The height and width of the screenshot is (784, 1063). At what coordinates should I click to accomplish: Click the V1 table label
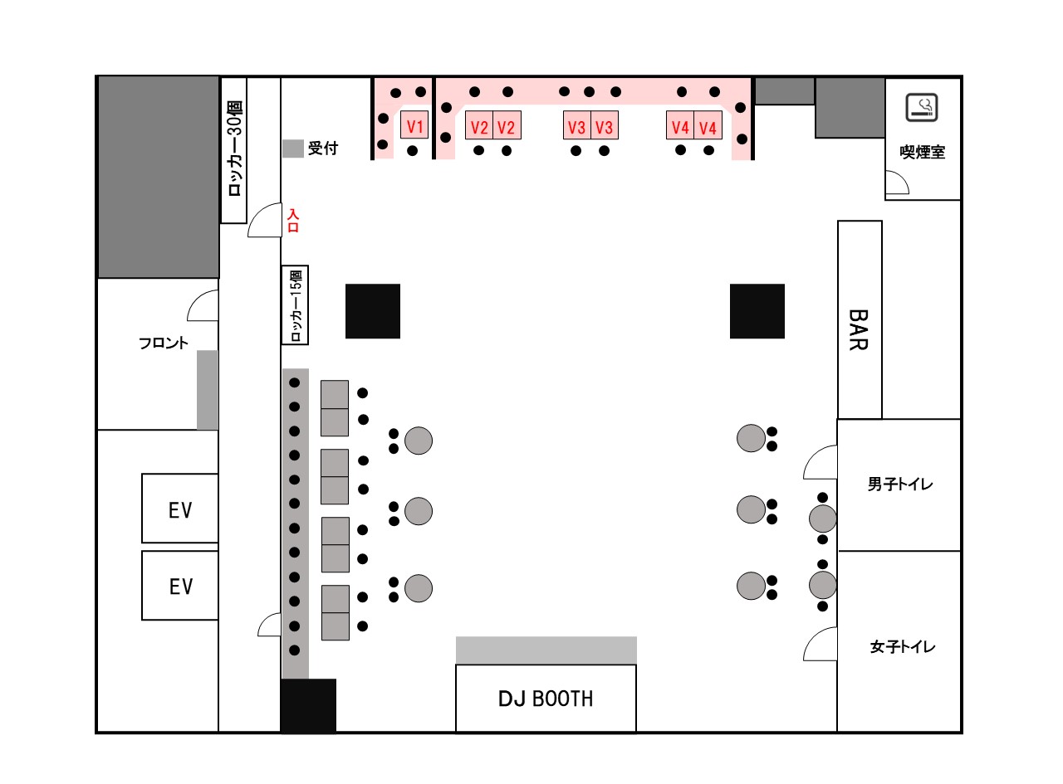414,126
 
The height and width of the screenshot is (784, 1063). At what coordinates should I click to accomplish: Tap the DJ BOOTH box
546,699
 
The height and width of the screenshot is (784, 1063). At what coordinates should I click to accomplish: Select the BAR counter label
859,329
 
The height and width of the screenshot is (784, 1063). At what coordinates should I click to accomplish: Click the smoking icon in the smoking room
922,107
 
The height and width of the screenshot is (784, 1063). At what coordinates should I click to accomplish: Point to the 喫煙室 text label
922,153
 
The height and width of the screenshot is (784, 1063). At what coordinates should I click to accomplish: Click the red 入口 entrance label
292,221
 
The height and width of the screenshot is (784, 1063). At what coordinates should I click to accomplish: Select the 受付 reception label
323,149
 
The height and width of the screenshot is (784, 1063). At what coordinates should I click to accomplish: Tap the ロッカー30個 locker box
234,150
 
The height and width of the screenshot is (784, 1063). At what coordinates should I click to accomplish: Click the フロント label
164,343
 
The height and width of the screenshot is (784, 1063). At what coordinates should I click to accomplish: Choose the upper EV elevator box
180,509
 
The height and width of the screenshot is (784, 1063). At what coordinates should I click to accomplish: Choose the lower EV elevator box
180,586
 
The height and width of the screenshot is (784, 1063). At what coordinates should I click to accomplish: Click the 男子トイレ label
899,485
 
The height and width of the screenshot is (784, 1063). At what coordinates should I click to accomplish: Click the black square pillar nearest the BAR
757,311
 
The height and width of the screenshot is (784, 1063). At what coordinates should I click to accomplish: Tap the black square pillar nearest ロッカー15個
373,311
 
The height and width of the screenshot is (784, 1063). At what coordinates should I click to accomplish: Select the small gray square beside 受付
292,149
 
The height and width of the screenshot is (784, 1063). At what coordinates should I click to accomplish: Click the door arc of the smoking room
895,183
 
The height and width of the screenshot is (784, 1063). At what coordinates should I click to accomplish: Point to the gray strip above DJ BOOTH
546,650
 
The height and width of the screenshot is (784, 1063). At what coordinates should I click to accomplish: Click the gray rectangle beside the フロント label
208,390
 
